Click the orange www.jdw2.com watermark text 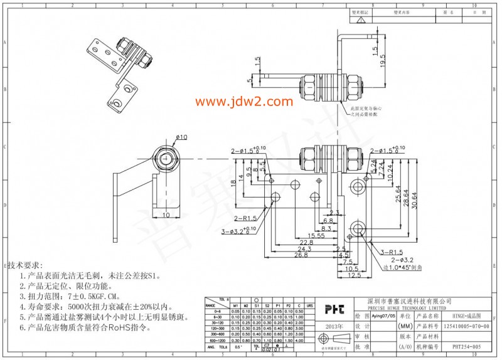244,102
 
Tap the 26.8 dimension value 302,255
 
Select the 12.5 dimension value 356,275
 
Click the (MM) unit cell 405,327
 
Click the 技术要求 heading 24,266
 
